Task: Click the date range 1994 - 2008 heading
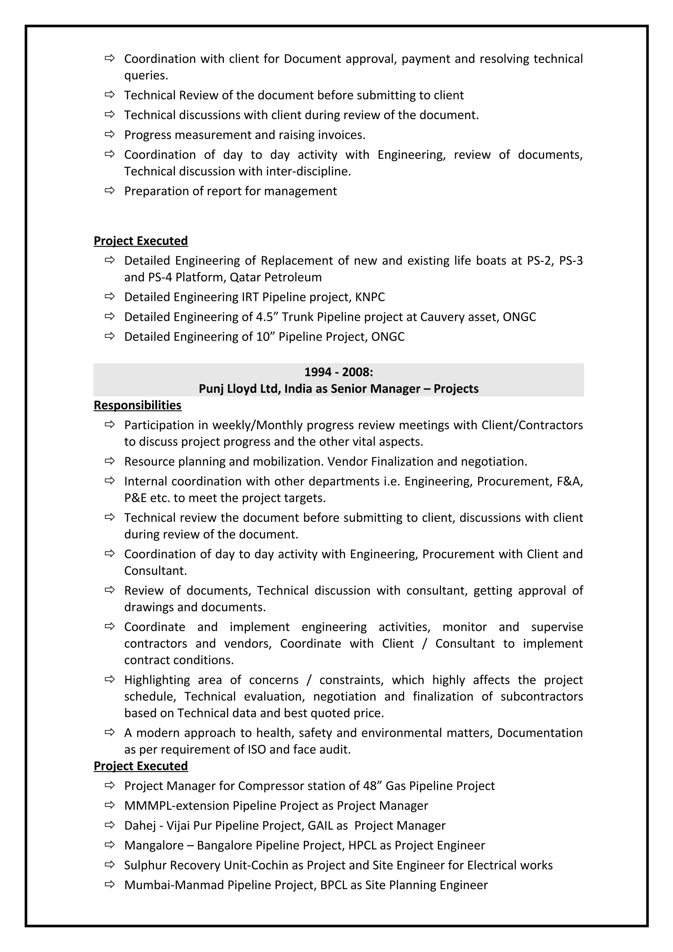click(x=338, y=372)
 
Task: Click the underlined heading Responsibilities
click(x=137, y=405)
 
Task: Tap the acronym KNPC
click(x=370, y=297)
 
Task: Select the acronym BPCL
click(x=334, y=885)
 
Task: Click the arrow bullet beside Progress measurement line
click(x=109, y=134)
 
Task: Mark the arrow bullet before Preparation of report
click(x=109, y=191)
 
